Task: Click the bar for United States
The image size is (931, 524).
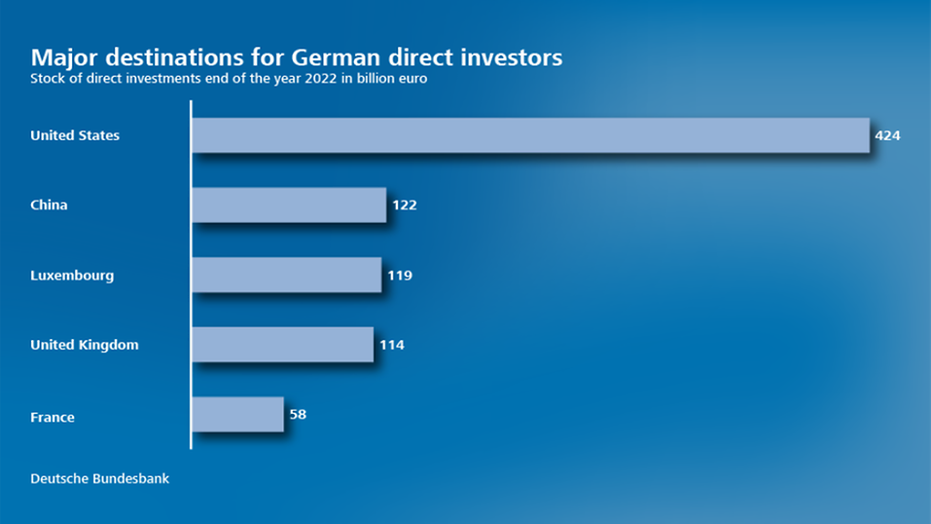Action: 530,135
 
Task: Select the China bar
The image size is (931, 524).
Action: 289,206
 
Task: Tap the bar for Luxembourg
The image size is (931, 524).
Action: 286,275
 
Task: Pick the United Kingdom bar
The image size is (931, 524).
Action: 282,345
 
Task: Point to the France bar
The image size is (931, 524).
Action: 237,414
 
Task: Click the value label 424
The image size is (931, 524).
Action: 887,135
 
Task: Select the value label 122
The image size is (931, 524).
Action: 405,206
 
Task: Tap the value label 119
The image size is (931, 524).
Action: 400,276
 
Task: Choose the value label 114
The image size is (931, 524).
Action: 392,345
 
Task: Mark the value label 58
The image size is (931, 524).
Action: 298,414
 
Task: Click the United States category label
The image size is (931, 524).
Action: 75,135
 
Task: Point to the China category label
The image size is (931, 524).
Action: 49,206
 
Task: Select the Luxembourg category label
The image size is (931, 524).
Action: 72,276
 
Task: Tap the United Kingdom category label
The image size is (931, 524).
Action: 85,345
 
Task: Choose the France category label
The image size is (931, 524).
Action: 53,417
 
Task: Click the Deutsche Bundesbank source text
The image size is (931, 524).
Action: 100,478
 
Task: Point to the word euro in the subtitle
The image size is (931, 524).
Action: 413,80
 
